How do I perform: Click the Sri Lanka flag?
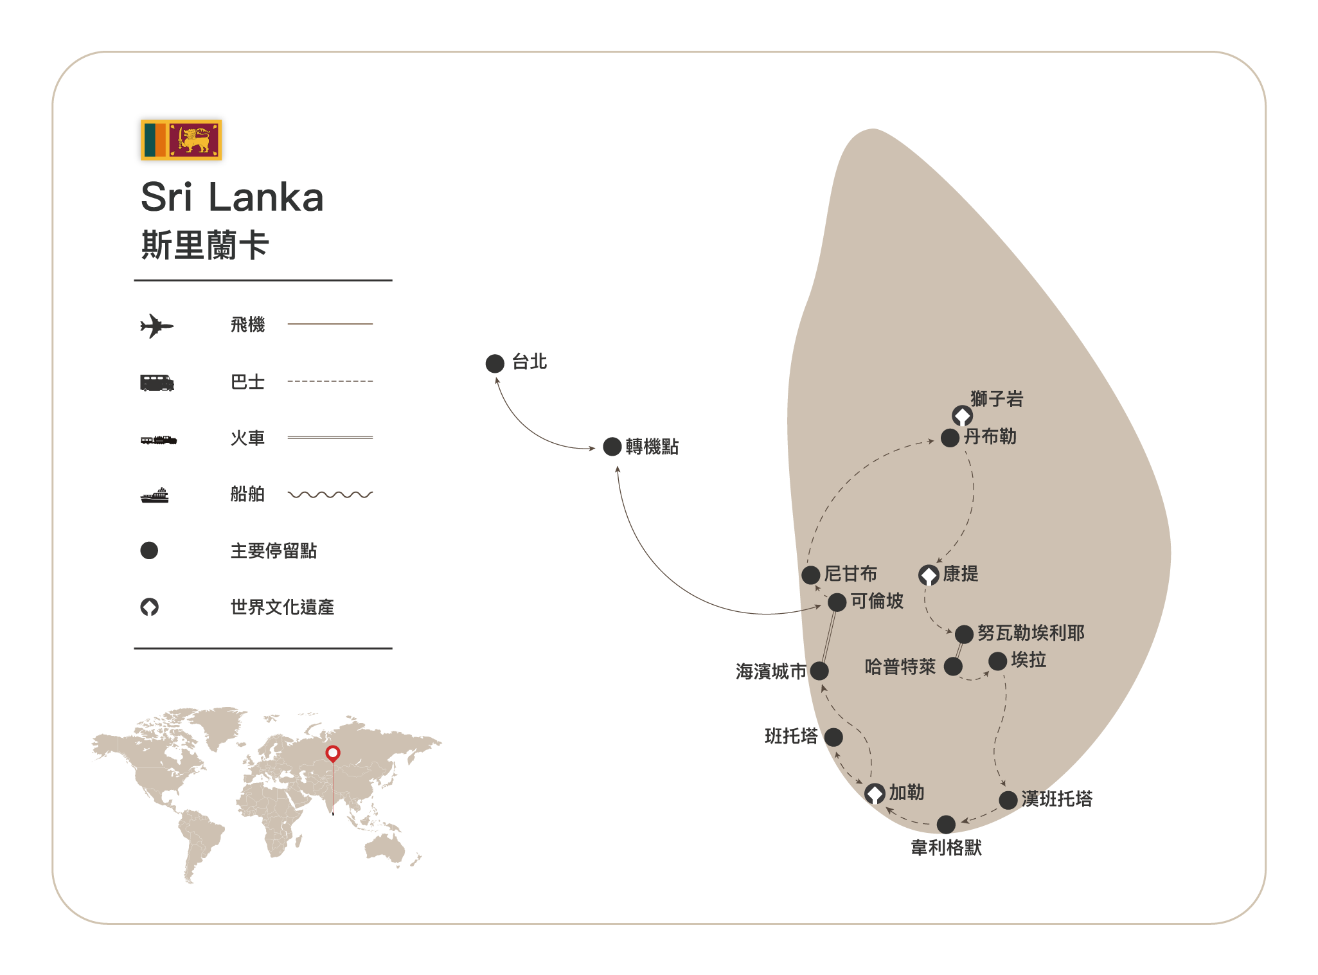pos(181,139)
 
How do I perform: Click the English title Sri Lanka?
pos(231,197)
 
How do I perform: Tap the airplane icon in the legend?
pos(156,326)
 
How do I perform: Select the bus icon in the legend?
pos(157,383)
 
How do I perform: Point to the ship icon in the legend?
pos(155,496)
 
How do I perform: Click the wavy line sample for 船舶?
pos(330,494)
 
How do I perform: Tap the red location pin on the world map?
pos(333,753)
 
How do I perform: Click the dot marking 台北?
pos(495,364)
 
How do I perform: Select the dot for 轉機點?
pos(612,447)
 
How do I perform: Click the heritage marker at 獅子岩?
pos(962,416)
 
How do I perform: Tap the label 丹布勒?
pos(990,437)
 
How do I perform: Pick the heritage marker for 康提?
pos(929,575)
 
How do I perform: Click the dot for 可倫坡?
pos(837,602)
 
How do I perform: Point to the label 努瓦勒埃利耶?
pos(1031,633)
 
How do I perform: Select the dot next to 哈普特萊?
pos(953,666)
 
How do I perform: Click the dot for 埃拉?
pos(997,661)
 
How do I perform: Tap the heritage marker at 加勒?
pos(875,794)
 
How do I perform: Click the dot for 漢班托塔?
pos(1008,800)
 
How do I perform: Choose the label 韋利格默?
pos(946,848)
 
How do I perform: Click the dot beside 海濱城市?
pos(819,671)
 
